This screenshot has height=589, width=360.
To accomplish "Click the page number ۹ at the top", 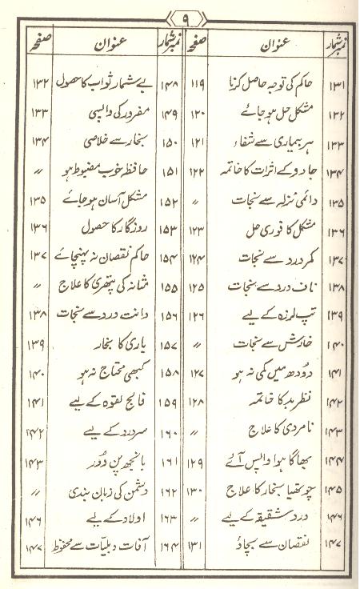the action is pos(181,15).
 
